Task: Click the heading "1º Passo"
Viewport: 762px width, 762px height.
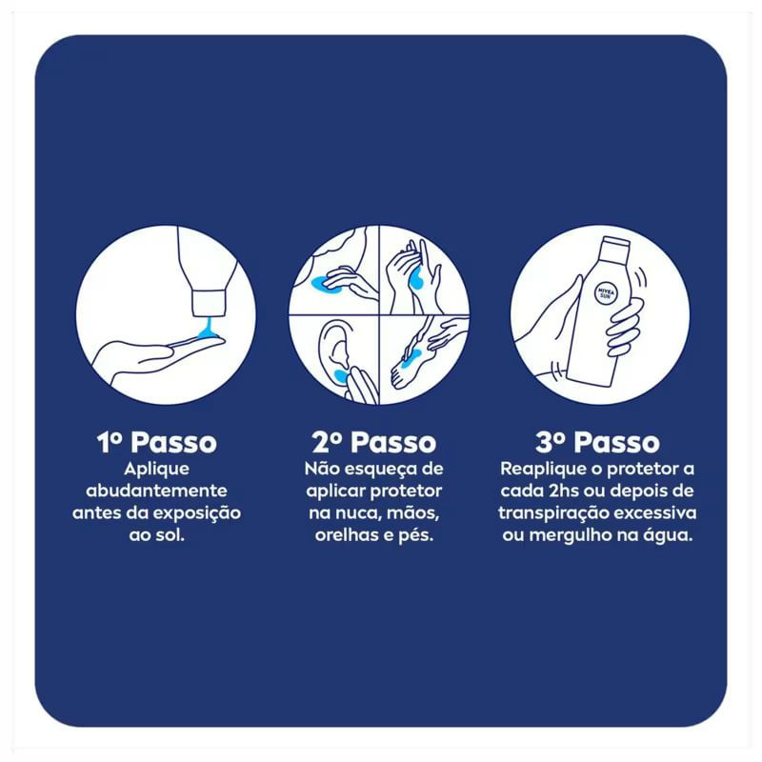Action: pyautogui.click(x=156, y=442)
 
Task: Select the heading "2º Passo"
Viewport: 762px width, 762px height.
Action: pyautogui.click(x=374, y=442)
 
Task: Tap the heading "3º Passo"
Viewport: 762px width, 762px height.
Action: pyautogui.click(x=597, y=442)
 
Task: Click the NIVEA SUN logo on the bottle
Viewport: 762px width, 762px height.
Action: pyautogui.click(x=606, y=293)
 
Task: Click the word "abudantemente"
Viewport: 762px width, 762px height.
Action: pyautogui.click(x=156, y=491)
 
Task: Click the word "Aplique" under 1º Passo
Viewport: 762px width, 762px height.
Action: pyautogui.click(x=156, y=470)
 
